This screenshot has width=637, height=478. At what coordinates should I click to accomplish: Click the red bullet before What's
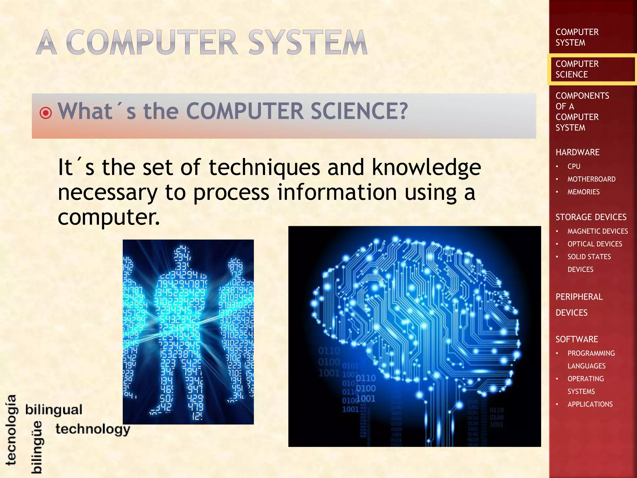pyautogui.click(x=46, y=113)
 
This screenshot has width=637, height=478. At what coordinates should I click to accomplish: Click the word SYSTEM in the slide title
pyautogui.click(x=308, y=42)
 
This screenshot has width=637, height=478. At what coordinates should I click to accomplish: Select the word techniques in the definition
pyautogui.click(x=264, y=167)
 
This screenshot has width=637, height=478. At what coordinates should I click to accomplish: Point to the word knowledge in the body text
pyautogui.click(x=426, y=167)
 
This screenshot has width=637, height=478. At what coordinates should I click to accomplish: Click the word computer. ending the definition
pyautogui.click(x=109, y=217)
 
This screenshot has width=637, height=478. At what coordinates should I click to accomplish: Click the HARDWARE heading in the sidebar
pyautogui.click(x=577, y=152)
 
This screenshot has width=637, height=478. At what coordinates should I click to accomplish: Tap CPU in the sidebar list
pyautogui.click(x=574, y=166)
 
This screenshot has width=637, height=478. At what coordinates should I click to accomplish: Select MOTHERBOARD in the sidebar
pyautogui.click(x=591, y=179)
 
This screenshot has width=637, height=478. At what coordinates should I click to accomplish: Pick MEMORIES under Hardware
pyautogui.click(x=584, y=192)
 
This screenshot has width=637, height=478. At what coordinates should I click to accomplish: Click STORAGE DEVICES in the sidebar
pyautogui.click(x=591, y=217)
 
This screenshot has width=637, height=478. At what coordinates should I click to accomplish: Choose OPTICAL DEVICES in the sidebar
pyautogui.click(x=595, y=244)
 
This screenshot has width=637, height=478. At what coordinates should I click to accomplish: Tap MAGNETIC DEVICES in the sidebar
pyautogui.click(x=597, y=231)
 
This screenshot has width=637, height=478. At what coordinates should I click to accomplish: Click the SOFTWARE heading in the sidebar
pyautogui.click(x=577, y=339)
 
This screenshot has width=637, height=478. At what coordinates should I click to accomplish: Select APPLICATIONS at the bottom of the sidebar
pyautogui.click(x=590, y=404)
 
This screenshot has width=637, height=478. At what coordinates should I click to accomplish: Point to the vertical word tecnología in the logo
pyautogui.click(x=12, y=430)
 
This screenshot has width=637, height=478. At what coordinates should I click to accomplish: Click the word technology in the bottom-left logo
pyautogui.click(x=93, y=429)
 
